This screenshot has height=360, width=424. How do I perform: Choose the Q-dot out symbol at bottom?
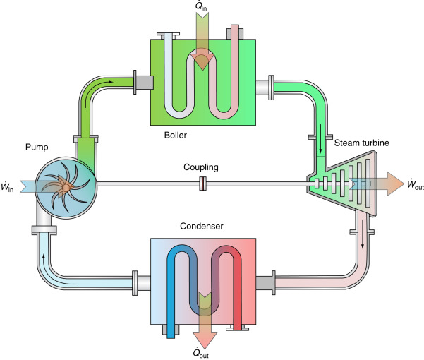[205, 353]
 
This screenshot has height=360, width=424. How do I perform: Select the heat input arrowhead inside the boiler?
[202, 63]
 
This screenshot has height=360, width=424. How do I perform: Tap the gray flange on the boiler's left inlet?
[143, 83]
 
